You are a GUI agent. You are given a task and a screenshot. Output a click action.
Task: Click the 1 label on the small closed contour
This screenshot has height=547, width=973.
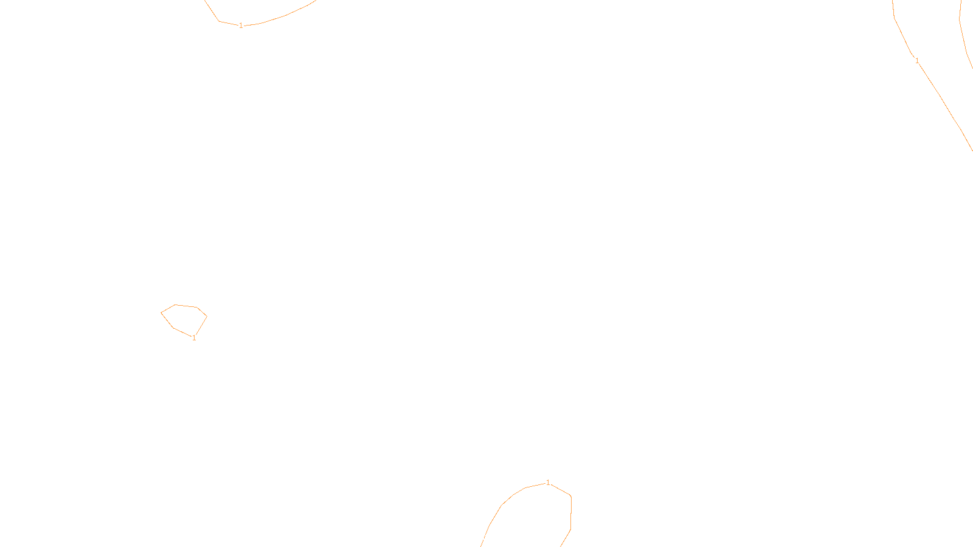(194, 338)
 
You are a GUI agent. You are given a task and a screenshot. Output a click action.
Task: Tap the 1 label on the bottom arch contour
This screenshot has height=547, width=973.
(548, 483)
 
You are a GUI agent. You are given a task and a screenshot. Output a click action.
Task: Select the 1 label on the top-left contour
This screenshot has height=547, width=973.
(241, 26)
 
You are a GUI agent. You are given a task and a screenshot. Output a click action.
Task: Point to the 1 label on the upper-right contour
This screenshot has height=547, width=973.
(917, 61)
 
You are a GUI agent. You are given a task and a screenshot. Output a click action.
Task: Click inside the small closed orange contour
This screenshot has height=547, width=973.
(184, 318)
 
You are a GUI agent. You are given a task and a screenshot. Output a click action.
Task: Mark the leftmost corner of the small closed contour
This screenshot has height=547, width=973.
(161, 313)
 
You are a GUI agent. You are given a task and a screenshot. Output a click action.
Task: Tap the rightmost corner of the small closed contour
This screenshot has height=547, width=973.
(207, 316)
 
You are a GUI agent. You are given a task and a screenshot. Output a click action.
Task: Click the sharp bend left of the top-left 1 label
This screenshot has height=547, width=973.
(219, 21)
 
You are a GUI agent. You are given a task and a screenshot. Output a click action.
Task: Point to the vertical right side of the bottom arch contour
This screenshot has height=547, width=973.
(570, 514)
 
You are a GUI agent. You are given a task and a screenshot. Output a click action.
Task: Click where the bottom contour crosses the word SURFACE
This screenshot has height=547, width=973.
(485, 537)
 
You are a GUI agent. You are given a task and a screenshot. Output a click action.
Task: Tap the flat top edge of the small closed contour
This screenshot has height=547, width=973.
(186, 306)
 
